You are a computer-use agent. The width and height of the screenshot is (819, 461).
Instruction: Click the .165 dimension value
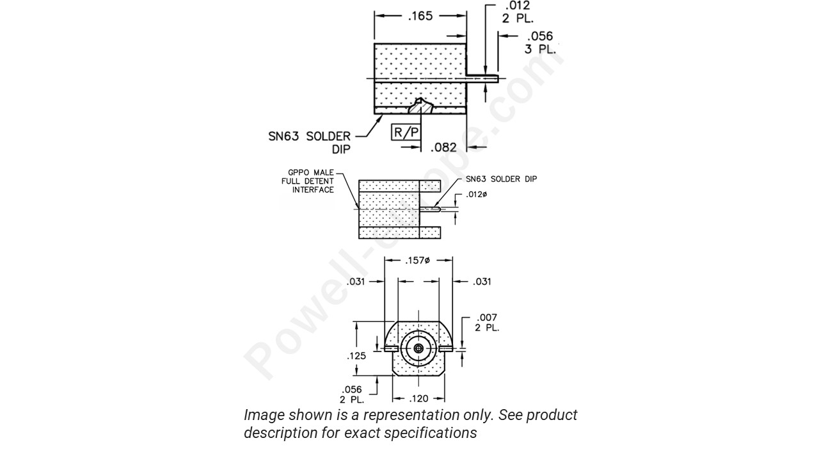pyautogui.click(x=420, y=16)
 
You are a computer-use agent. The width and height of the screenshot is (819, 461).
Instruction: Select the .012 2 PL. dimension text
pyautogui.click(x=517, y=12)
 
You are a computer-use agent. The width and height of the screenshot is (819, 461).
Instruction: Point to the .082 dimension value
pyautogui.click(x=443, y=147)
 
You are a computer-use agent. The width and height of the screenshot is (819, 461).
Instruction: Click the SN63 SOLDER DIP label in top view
pyautogui.click(x=310, y=142)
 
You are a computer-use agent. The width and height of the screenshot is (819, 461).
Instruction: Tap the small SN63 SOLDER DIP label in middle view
pyautogui.click(x=501, y=179)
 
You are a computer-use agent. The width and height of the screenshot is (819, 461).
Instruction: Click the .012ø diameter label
pyautogui.click(x=476, y=194)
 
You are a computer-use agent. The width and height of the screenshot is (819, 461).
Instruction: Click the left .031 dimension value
pyautogui.click(x=356, y=282)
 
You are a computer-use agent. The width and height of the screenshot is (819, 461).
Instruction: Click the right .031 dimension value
pyautogui.click(x=482, y=282)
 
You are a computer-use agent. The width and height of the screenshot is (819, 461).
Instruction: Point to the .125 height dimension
pyautogui.click(x=356, y=356)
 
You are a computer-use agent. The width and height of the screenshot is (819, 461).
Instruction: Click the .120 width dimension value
pyautogui.click(x=418, y=398)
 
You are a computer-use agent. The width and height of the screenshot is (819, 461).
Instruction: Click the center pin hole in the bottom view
pyautogui.click(x=418, y=348)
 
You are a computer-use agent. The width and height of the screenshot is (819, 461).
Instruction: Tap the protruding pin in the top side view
pyautogui.click(x=482, y=78)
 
